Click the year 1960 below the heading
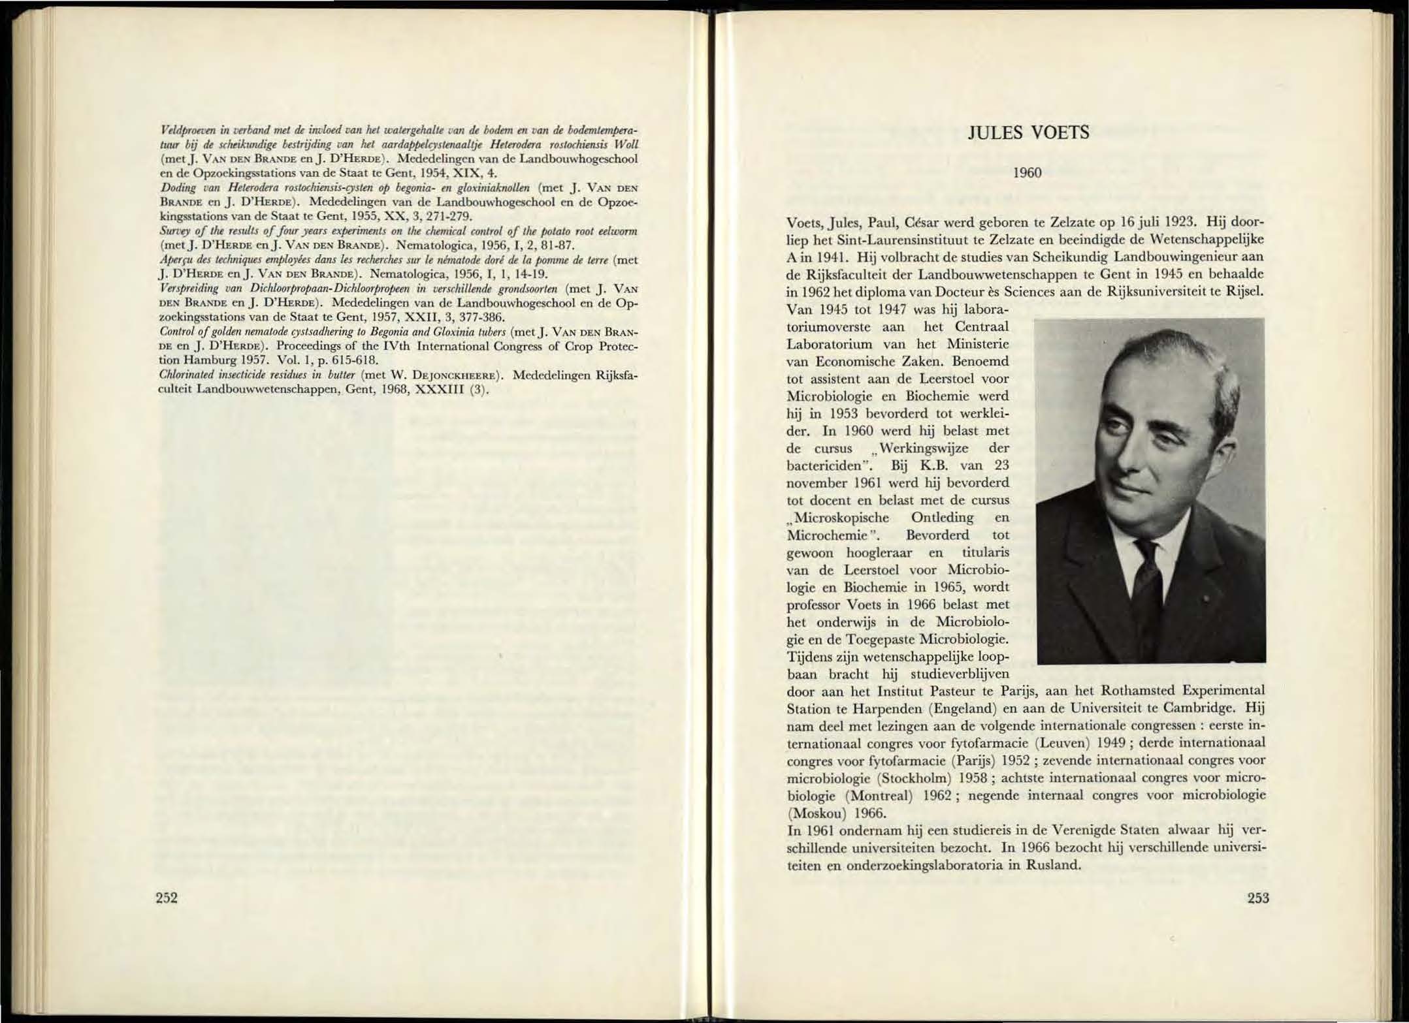pos(1027,173)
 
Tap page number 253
pos(1257,898)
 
